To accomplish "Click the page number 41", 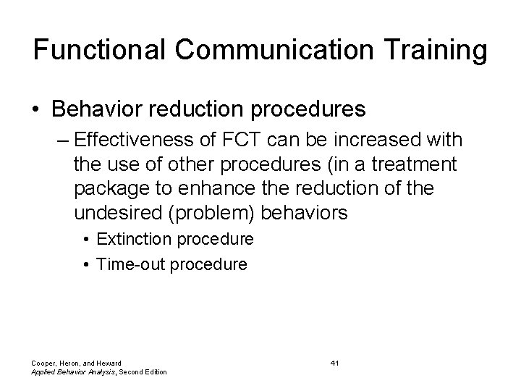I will coord(334,362).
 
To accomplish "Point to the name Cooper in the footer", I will coord(43,362).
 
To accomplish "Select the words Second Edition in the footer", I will coord(143,372).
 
